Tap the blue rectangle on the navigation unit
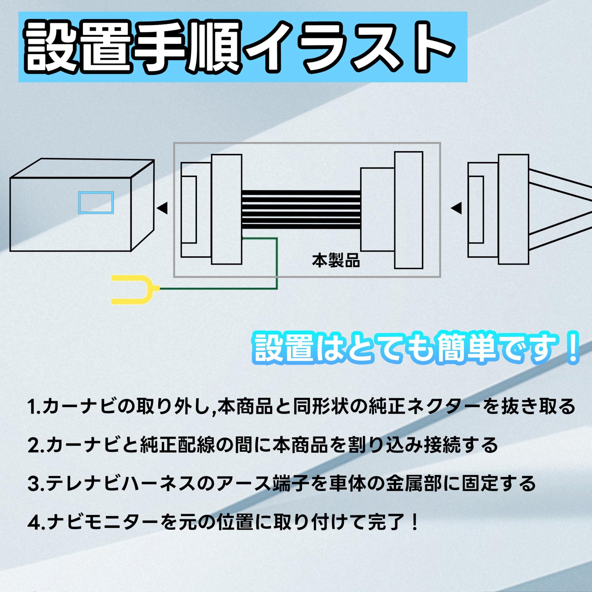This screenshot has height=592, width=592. (x=96, y=202)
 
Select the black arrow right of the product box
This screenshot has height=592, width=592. (x=456, y=208)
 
